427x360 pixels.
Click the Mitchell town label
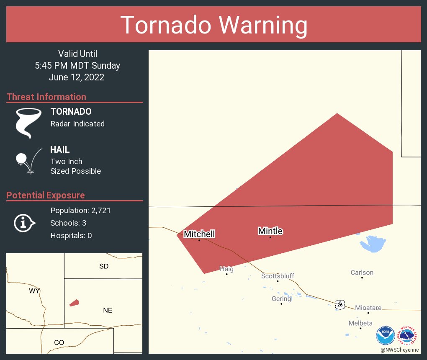[x=199, y=234]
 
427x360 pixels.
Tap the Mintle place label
[x=270, y=231]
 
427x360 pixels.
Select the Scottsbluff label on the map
[x=278, y=276]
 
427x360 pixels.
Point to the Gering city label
[x=281, y=299]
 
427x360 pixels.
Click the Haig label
[x=226, y=269]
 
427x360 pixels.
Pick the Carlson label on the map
[x=362, y=273]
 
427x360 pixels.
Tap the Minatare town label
[x=368, y=308]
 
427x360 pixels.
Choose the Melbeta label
[x=360, y=323]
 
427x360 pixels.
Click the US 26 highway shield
[x=340, y=304]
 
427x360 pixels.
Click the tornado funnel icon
[x=28, y=123]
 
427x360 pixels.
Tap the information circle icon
[x=24, y=223]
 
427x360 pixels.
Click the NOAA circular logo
[x=385, y=336]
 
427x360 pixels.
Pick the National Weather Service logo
[x=409, y=336]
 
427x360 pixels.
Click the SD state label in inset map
[x=104, y=266]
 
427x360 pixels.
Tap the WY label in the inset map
[x=34, y=291]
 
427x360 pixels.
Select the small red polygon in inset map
[x=74, y=303]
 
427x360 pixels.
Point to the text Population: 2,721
[x=80, y=211]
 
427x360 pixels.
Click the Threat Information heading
[x=46, y=97]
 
